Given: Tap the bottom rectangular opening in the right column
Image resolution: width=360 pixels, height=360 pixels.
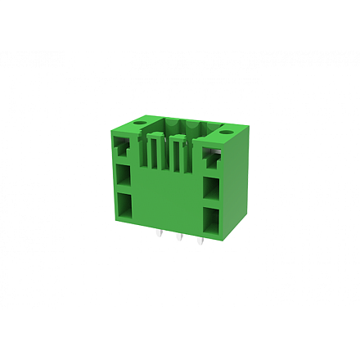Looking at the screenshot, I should pos(212,218).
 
